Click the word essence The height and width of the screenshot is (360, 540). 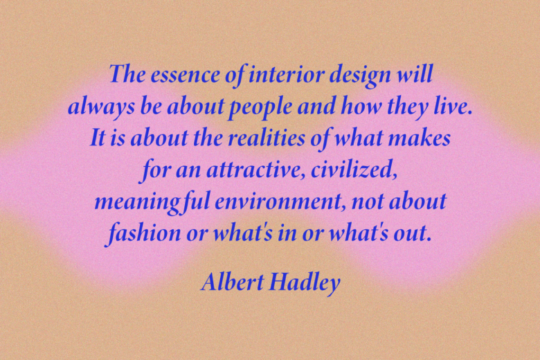click(x=185, y=75)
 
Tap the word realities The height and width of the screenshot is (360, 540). click(x=267, y=138)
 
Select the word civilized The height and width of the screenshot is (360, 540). click(x=354, y=170)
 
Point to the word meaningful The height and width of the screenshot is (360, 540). click(x=152, y=202)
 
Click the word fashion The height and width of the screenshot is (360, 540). click(x=143, y=233)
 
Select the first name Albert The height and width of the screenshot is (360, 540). click(x=233, y=282)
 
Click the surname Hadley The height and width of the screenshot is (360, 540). click(x=305, y=283)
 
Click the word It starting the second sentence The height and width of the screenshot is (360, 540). click(x=98, y=138)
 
